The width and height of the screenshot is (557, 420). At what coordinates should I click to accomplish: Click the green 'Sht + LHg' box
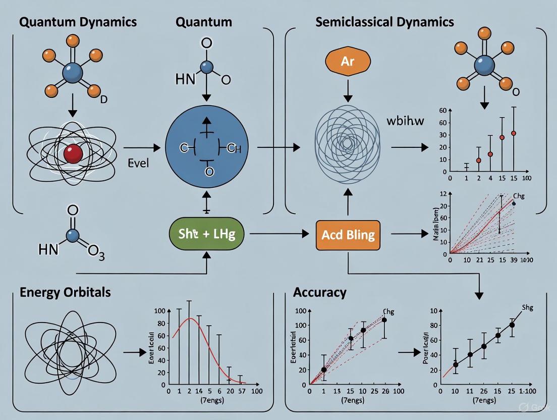pyautogui.click(x=207, y=234)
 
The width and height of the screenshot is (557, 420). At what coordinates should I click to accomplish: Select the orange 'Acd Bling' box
pyautogui.click(x=348, y=234)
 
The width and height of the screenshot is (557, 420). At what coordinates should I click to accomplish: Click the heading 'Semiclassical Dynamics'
pyautogui.click(x=384, y=22)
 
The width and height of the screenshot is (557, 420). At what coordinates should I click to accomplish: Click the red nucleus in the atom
pyautogui.click(x=73, y=153)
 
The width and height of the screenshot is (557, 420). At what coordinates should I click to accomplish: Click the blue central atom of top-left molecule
pyautogui.click(x=72, y=74)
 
